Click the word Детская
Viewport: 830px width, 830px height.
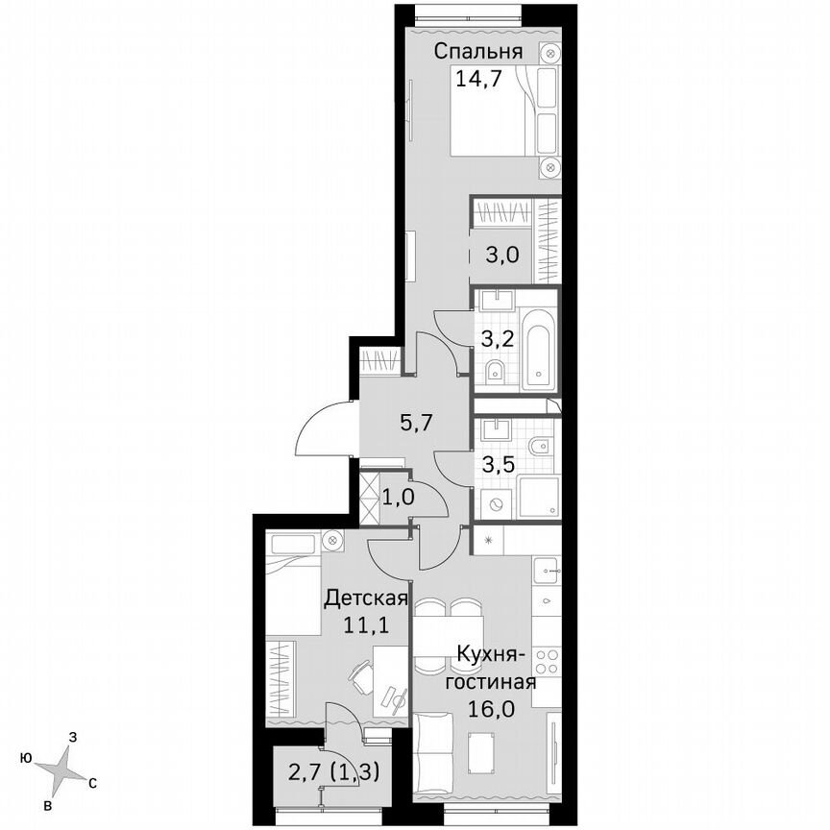pos(366,598)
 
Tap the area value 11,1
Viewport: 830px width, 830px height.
pos(366,625)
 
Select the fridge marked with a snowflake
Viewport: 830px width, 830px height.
pos(488,541)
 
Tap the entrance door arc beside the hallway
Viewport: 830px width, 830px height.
pos(320,430)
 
